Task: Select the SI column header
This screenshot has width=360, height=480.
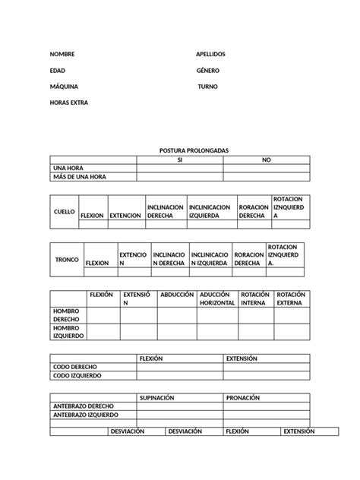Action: coord(179,160)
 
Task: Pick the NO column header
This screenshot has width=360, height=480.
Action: coord(266,160)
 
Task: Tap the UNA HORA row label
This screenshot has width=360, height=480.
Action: coord(68,168)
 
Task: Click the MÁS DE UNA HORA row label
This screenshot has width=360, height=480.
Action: coord(80,177)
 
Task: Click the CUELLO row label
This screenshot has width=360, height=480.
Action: coord(65,211)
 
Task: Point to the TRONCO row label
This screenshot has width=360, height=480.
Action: coord(67,259)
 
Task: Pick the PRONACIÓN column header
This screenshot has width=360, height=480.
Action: coord(243,397)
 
